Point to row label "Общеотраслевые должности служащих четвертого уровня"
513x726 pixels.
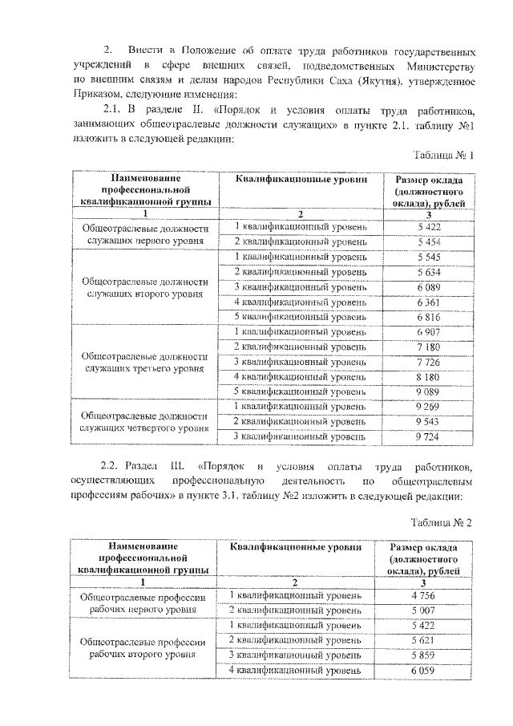point(144,422)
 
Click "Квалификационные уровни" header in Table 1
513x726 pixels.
point(301,180)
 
